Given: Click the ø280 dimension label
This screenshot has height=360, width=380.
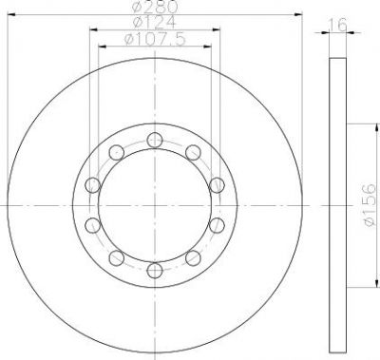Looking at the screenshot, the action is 155,7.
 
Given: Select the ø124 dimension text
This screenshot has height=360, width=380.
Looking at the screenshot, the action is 155,22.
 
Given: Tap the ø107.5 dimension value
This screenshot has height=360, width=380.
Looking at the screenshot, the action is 155,39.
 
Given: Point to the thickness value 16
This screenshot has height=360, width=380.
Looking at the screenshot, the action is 338,25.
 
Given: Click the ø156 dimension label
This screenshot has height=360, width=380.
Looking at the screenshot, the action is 370,205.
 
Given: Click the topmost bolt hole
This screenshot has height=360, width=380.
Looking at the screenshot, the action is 155,140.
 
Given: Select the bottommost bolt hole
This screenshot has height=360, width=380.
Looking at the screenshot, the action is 155,271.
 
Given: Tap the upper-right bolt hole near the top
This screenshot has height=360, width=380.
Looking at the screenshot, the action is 193,153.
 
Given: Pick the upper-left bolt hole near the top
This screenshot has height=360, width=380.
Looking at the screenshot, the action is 117,153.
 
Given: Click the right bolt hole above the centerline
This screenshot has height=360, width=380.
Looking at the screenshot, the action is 217,185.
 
